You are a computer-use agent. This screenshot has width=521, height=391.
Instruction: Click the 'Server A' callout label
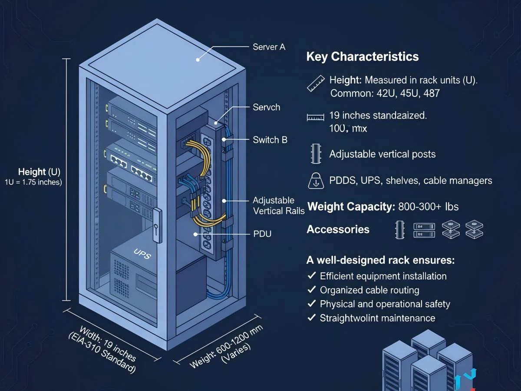[269, 47]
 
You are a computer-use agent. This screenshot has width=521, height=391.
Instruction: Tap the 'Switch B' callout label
[270, 140]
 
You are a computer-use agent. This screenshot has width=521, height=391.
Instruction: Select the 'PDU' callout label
[262, 234]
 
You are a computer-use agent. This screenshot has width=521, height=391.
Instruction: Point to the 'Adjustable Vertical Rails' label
[278, 205]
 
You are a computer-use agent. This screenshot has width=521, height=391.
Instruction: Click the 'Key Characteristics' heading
[363, 57]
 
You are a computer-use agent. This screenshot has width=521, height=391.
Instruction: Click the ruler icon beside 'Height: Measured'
[316, 83]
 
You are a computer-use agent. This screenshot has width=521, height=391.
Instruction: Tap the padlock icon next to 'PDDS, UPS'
[316, 180]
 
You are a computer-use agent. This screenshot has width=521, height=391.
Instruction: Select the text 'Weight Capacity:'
[350, 207]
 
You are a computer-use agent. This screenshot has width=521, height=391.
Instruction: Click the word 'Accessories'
[338, 229]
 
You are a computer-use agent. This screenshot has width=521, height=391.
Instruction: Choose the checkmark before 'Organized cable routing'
[311, 290]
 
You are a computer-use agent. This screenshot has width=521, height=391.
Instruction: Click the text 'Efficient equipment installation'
[383, 276]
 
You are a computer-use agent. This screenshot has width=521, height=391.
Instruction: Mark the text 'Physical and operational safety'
[385, 304]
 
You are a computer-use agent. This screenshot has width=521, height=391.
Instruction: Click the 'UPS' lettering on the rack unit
[142, 255]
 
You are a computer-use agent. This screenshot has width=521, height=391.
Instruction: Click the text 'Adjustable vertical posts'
[382, 154]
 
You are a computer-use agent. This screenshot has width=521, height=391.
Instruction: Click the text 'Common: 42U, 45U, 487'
[388, 93]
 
